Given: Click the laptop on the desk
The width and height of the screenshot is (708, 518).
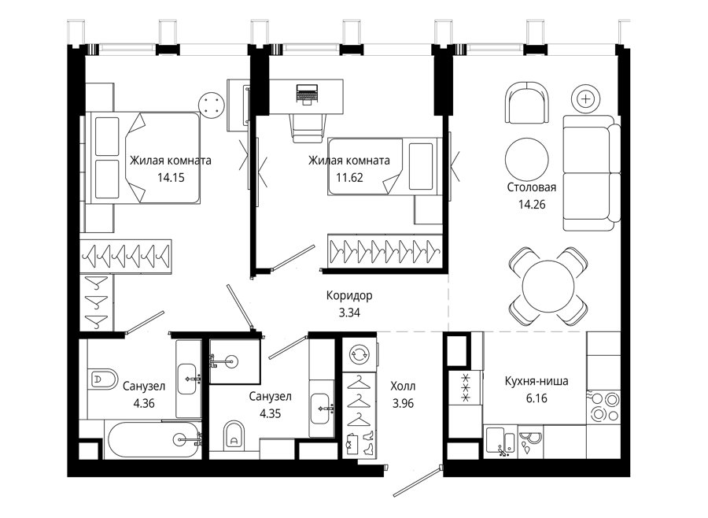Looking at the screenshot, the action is pyautogui.click(x=308, y=94).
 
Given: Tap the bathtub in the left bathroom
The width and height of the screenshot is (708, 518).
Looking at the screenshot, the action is pyautogui.click(x=153, y=440).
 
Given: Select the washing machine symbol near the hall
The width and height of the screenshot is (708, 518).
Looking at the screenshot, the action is pyautogui.click(x=359, y=354).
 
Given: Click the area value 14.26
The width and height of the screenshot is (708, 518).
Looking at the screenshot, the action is pyautogui.click(x=532, y=205).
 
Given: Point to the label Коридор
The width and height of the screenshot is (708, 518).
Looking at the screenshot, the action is pyautogui.click(x=349, y=296).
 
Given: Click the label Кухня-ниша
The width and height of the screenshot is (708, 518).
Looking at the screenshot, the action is pyautogui.click(x=537, y=381).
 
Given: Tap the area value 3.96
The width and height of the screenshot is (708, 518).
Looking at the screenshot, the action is pyautogui.click(x=403, y=403).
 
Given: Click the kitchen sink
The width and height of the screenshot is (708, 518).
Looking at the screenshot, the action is pyautogui.click(x=501, y=442).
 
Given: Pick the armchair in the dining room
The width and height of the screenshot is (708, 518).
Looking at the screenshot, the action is pyautogui.click(x=527, y=102).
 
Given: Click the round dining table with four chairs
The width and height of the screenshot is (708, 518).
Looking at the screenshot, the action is pyautogui.click(x=548, y=286).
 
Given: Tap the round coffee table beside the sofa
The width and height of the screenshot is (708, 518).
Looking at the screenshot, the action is pyautogui.click(x=526, y=159).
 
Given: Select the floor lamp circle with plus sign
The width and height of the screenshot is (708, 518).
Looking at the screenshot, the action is pyautogui.click(x=585, y=99).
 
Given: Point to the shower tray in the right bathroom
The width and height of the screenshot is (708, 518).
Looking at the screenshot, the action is pyautogui.click(x=234, y=361).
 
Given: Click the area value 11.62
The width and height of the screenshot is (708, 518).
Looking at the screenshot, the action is pyautogui.click(x=349, y=178).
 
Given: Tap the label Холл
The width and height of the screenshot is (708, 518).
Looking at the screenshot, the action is pyautogui.click(x=403, y=387).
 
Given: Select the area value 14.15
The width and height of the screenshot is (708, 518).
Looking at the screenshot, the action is pyautogui.click(x=171, y=178).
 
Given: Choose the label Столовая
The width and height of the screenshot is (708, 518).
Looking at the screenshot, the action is pyautogui.click(x=532, y=187).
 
